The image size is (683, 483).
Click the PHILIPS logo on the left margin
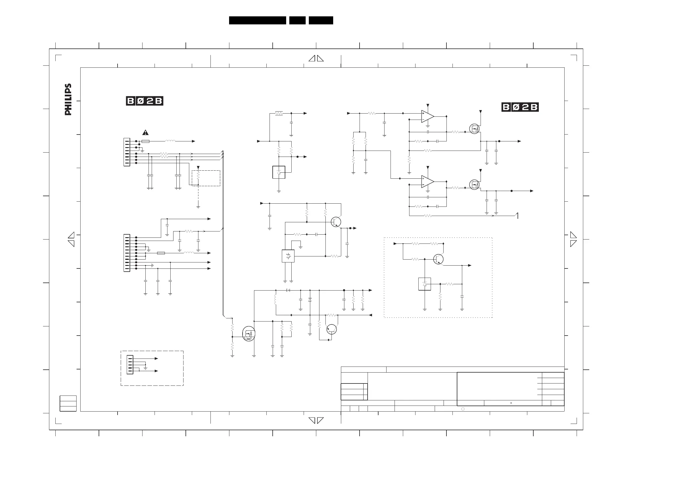[x=68, y=99]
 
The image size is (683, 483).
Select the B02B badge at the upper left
[x=145, y=101]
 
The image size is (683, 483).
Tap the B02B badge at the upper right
[x=520, y=107]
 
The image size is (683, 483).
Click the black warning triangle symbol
[x=145, y=133]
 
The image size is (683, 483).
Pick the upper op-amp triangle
[x=428, y=116]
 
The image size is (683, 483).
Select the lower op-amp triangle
[x=428, y=182]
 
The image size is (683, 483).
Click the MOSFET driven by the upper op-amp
[x=475, y=129]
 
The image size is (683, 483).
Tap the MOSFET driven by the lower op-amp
[x=475, y=184]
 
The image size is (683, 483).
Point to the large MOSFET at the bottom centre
[x=249, y=334]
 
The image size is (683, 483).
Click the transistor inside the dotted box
[x=438, y=259]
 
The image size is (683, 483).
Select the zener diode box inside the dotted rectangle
[x=424, y=284]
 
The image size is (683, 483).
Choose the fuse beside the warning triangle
[x=145, y=141]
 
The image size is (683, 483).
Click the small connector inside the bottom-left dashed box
[x=130, y=365]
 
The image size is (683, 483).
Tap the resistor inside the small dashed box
[x=198, y=175]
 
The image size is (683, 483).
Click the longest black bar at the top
[x=257, y=20]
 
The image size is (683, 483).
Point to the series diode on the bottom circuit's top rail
[x=288, y=290]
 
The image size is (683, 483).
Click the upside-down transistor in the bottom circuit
[x=331, y=329]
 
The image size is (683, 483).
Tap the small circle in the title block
[x=463, y=409]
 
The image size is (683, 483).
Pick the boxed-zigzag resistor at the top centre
[x=279, y=113]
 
